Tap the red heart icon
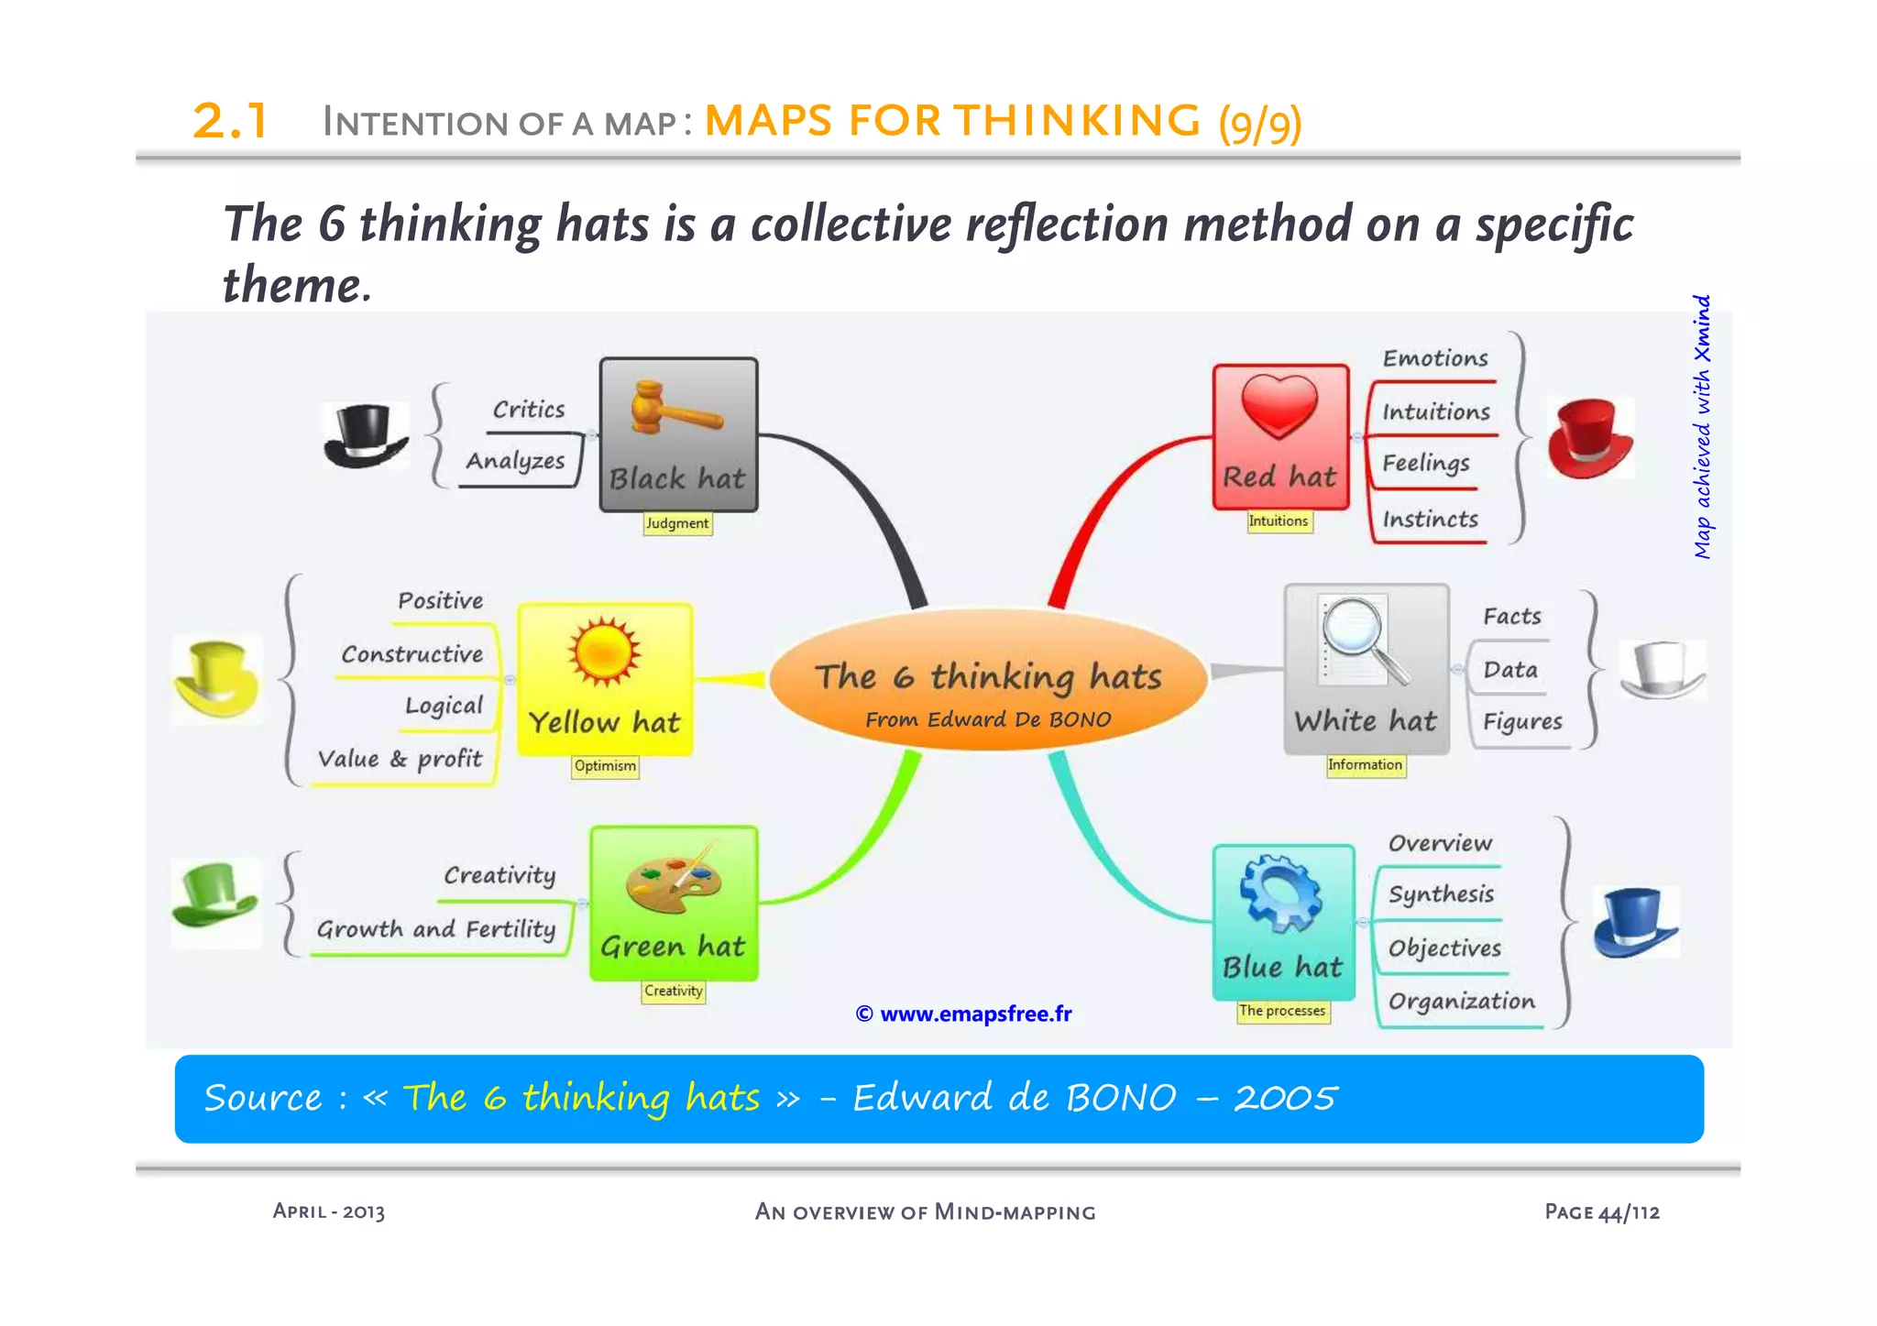pos(1279,406)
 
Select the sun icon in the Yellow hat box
pos(604,652)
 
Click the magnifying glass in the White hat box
pos(1361,639)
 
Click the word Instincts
pos(1430,520)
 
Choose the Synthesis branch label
pos(1441,893)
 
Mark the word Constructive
pos(412,654)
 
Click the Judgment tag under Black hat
pos(677,523)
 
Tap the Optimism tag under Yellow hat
pos(605,766)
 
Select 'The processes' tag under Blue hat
pos(1282,1011)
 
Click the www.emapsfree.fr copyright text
pos(964,1014)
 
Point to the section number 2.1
pos(229,121)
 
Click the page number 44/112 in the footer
pos(1629,1212)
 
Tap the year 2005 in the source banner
pos(1285,1098)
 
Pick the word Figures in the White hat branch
pos(1522,722)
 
